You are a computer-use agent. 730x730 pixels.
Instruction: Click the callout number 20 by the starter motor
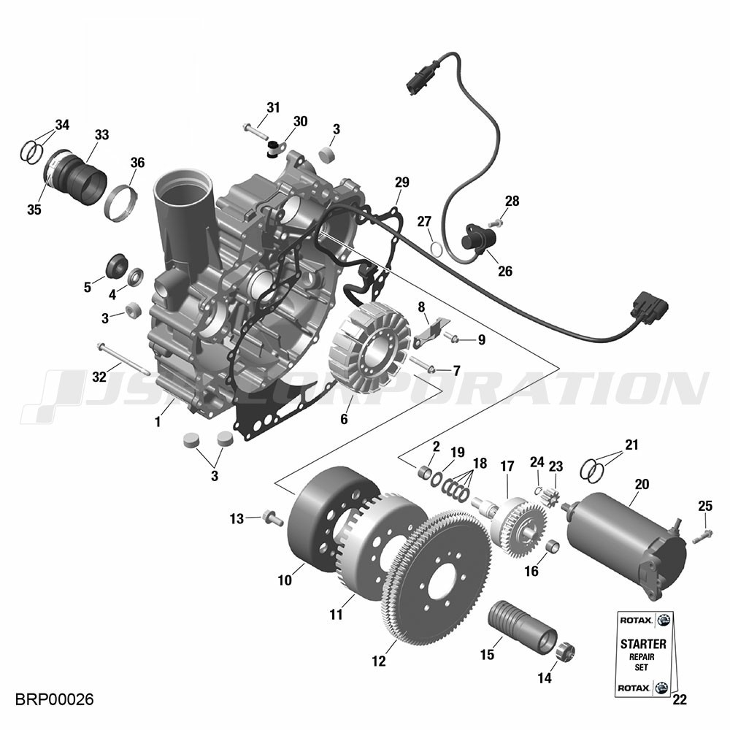[642, 485]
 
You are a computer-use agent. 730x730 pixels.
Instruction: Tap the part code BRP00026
[55, 699]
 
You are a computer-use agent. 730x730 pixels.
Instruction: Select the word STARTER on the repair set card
[643, 645]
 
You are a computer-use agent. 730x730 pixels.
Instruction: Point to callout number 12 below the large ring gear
[378, 661]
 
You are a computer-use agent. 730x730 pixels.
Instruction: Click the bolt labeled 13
[273, 518]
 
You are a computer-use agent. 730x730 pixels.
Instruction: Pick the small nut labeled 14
[566, 651]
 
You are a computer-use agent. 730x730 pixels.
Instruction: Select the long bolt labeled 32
[123, 358]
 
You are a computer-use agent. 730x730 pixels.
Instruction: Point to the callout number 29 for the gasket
[401, 182]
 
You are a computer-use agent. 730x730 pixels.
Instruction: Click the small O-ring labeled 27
[436, 248]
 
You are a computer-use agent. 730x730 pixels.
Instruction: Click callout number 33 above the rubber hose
[101, 135]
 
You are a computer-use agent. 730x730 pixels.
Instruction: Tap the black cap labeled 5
[117, 266]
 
